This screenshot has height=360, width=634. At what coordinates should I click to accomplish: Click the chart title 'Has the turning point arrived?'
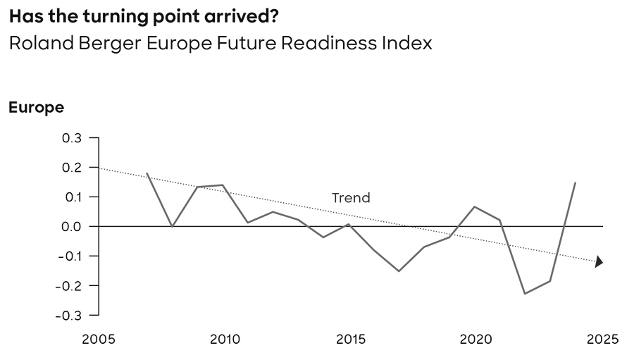pyautogui.click(x=143, y=15)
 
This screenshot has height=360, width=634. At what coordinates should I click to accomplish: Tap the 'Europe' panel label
pyautogui.click(x=36, y=108)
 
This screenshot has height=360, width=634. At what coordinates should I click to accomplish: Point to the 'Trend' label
pyautogui.click(x=351, y=198)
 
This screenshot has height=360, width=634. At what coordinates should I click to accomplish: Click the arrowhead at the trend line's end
pyautogui.click(x=599, y=262)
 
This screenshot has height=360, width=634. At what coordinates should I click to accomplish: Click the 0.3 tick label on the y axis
pyautogui.click(x=71, y=138)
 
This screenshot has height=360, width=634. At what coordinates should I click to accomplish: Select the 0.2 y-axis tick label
pyautogui.click(x=71, y=168)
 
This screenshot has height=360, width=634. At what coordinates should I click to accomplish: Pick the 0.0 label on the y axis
pyautogui.click(x=71, y=226)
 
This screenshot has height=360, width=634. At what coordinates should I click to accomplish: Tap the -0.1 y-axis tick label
pyautogui.click(x=68, y=256)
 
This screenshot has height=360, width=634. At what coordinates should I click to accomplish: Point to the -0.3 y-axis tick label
pyautogui.click(x=68, y=315)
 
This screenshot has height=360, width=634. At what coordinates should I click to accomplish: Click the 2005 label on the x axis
pyautogui.click(x=99, y=340)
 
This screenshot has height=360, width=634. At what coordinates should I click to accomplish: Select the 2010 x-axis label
pyautogui.click(x=225, y=340)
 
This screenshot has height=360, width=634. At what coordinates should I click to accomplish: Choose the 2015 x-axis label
pyautogui.click(x=351, y=340)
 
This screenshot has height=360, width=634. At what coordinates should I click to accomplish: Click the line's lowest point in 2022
pyautogui.click(x=525, y=293)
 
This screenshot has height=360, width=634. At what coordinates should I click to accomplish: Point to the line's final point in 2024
pyautogui.click(x=576, y=182)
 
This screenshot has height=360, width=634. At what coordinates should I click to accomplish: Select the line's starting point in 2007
pyautogui.click(x=147, y=173)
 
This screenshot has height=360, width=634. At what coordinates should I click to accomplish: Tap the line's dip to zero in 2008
pyautogui.click(x=173, y=226)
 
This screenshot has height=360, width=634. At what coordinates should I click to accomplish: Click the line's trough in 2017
pyautogui.click(x=399, y=271)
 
